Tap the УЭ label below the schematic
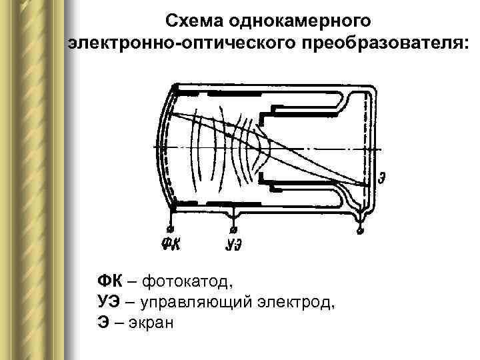point(233,244)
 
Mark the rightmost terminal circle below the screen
point(361,231)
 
